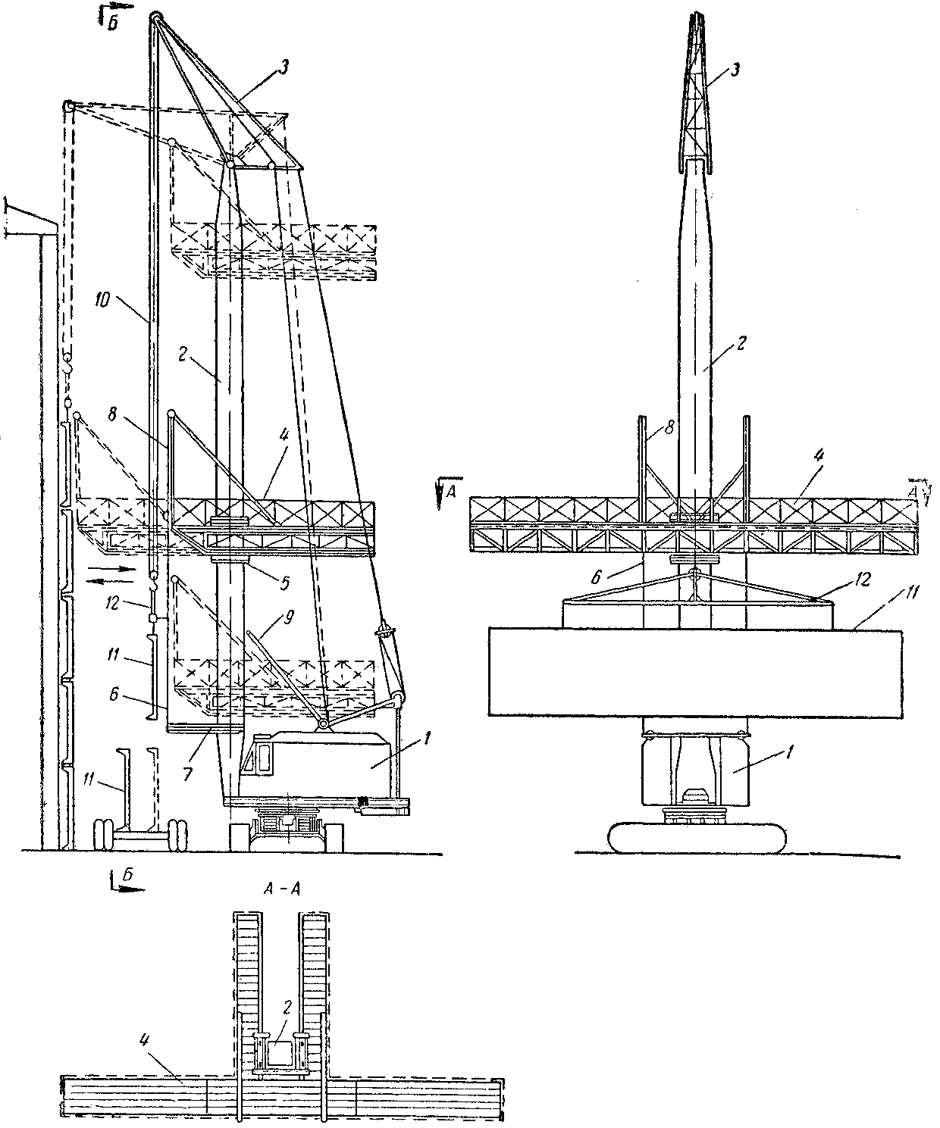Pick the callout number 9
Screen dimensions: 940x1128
tap(288, 617)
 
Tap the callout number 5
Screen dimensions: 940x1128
tap(285, 583)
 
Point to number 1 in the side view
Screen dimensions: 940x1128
tap(427, 738)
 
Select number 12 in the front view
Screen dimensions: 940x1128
tap(863, 580)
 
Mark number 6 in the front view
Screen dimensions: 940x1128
tap(595, 578)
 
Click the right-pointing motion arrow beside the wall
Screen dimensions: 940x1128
tap(111, 569)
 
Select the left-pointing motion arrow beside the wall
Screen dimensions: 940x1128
tap(109, 581)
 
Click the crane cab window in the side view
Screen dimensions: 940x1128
tap(263, 758)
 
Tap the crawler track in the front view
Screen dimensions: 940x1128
tap(697, 838)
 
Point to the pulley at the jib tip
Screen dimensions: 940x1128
tap(155, 17)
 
